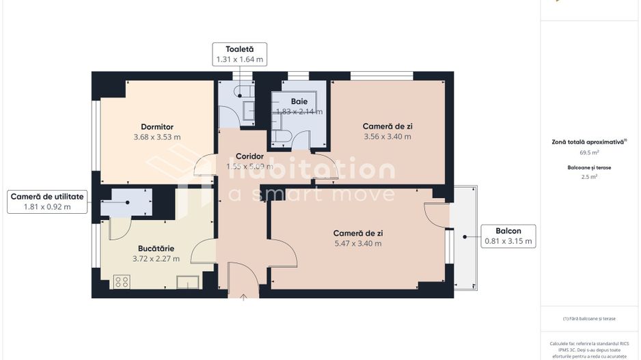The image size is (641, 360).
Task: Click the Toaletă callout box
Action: click(238, 54)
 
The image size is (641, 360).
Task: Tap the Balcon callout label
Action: click(508, 236)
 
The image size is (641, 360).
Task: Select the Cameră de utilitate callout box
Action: click(47, 202)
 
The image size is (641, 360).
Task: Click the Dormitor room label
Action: click(157, 126)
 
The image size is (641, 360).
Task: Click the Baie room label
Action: click(299, 102)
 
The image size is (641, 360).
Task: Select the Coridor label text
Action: click(249, 156)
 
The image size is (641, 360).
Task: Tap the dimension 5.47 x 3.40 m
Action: click(357, 243)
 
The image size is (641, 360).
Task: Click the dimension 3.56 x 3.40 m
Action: click(387, 137)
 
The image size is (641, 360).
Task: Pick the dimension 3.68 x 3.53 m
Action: click(157, 137)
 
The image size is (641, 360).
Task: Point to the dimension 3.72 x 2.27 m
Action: click(156, 259)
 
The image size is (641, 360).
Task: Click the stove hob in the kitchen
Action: click(122, 281)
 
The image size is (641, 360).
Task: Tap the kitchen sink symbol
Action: click(187, 281)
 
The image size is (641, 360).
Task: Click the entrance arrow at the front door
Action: click(244, 297)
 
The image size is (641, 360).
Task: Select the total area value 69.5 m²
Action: click(589, 153)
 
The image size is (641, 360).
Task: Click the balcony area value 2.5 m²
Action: click(589, 177)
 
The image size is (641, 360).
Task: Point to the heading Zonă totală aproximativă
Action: click(589, 142)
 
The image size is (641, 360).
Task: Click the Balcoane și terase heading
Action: click(589, 167)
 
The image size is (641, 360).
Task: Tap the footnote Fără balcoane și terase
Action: click(589, 318)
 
